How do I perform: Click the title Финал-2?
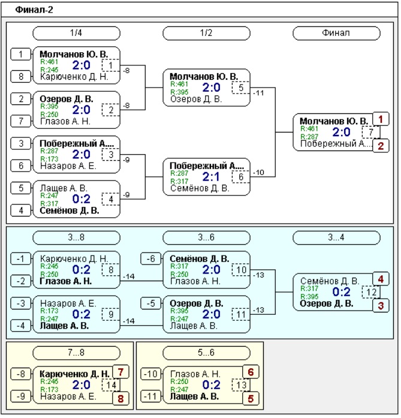point(34,10)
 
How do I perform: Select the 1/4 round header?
point(76,33)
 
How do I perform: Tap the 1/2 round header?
point(206,33)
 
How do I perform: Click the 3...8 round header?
point(76,237)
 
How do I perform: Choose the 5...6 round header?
point(206,353)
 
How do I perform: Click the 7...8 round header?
point(76,353)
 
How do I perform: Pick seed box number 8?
point(21,77)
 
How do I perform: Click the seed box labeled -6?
point(151,258)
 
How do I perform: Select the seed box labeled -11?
point(151,396)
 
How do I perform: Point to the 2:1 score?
point(211,176)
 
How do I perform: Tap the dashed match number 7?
point(370,132)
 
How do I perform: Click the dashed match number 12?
point(370,292)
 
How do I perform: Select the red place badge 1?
point(381,119)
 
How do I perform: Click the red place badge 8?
point(120,399)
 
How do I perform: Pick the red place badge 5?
point(251,399)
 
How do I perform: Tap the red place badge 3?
point(381,305)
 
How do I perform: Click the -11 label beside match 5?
point(258,93)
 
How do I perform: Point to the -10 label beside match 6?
point(258,173)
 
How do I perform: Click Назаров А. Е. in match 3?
point(68,166)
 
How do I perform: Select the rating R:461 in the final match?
point(309,128)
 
